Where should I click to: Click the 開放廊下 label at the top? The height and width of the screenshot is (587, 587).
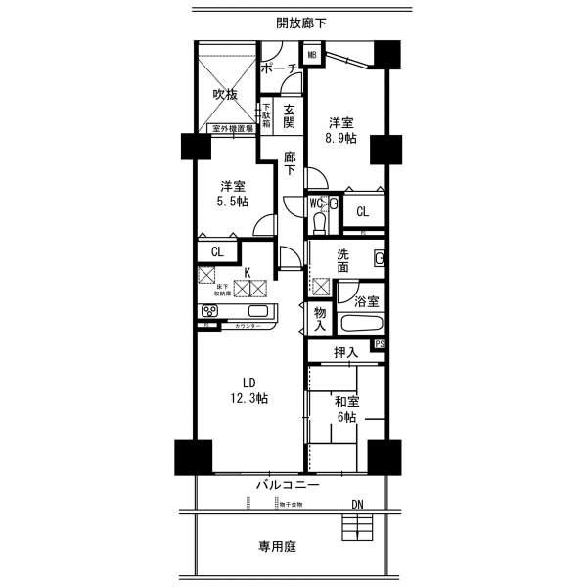click(301, 22)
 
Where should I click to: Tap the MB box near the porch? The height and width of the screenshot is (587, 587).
click(312, 55)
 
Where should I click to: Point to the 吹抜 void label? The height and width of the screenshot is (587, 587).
click(225, 95)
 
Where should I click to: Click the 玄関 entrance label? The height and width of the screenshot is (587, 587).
click(290, 116)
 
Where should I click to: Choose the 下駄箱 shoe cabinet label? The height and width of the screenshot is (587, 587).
click(265, 117)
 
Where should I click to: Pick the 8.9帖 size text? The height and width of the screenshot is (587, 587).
click(341, 139)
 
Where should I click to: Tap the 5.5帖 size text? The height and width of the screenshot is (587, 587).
click(232, 202)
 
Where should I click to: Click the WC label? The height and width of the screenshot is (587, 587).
click(316, 203)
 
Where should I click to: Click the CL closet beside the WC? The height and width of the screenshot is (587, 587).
click(362, 211)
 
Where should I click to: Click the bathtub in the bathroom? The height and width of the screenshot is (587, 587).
click(362, 325)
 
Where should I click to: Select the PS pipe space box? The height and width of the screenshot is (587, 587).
click(380, 344)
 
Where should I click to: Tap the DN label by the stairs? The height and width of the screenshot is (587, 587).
click(362, 506)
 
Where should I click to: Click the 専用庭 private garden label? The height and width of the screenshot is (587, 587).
click(277, 548)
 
